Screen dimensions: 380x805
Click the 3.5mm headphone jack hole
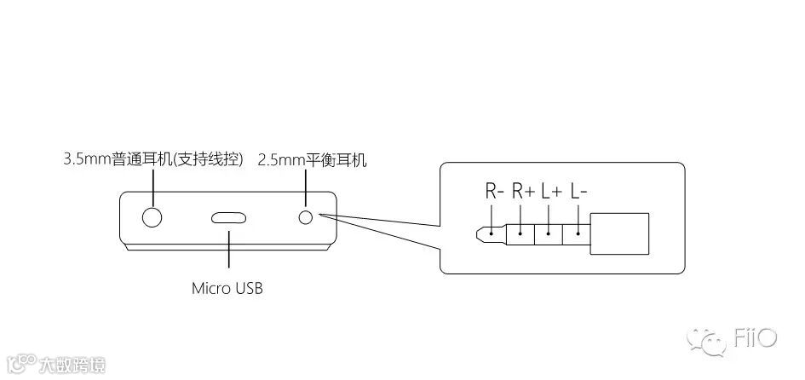152,216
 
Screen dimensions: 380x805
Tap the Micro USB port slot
228,216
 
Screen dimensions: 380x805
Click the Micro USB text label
227,288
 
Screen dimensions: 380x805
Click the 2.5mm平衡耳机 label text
313,159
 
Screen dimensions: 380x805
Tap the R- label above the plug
495,193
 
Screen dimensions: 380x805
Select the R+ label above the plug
523,193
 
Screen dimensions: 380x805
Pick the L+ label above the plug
551,193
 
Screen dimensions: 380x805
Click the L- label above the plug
579,193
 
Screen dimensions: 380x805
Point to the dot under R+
521,230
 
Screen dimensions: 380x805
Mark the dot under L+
549,230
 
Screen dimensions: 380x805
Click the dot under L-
578,230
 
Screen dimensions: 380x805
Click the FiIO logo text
755,339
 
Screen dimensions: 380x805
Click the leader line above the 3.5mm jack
153,186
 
